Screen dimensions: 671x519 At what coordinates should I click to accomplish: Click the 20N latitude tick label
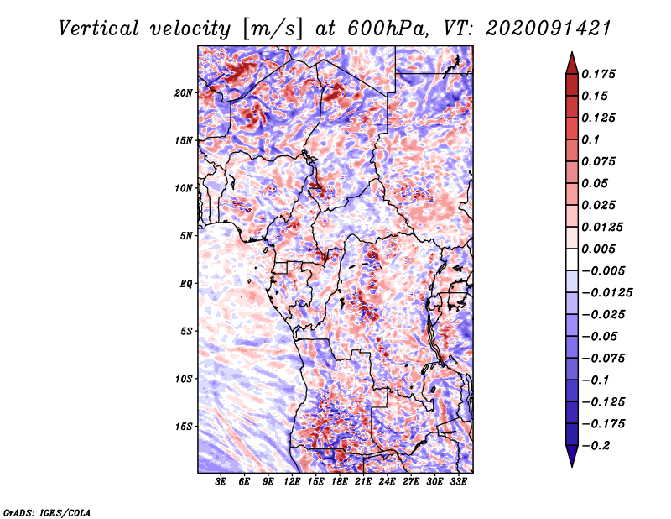pyautogui.click(x=183, y=93)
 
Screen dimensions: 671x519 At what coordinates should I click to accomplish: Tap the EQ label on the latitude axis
pyautogui.click(x=185, y=284)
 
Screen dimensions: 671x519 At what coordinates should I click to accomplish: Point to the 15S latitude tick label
pyautogui.click(x=183, y=427)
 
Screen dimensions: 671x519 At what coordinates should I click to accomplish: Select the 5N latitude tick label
pyautogui.click(x=185, y=236)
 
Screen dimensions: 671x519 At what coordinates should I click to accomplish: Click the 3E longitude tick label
pyautogui.click(x=221, y=481)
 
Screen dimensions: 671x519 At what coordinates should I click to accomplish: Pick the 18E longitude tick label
pyautogui.click(x=340, y=481)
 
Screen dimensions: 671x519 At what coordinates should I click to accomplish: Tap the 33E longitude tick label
pyautogui.click(x=458, y=481)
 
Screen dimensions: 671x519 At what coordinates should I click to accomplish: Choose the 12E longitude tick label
pyautogui.click(x=292, y=481)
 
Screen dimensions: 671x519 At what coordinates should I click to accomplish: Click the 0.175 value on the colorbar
pyautogui.click(x=598, y=74)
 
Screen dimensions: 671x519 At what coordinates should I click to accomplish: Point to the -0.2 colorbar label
pyautogui.click(x=596, y=446)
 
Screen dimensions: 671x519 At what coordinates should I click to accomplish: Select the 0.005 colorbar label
pyautogui.click(x=598, y=249)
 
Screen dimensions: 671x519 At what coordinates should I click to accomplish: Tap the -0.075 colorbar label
pyautogui.click(x=603, y=359)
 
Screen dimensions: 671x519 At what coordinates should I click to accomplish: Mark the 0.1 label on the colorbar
pyautogui.click(x=591, y=139)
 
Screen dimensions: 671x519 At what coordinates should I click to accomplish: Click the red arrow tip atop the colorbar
pyautogui.click(x=572, y=52)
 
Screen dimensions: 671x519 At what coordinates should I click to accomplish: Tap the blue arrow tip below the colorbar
pyautogui.click(x=572, y=466)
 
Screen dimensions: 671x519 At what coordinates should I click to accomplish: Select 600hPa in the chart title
pyautogui.click(x=388, y=29)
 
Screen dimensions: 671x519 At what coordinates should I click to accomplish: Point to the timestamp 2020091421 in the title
pyautogui.click(x=549, y=29)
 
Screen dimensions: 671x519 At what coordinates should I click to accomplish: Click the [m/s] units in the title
pyautogui.click(x=273, y=29)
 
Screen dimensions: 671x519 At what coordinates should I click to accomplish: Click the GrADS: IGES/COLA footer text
pyautogui.click(x=47, y=513)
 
